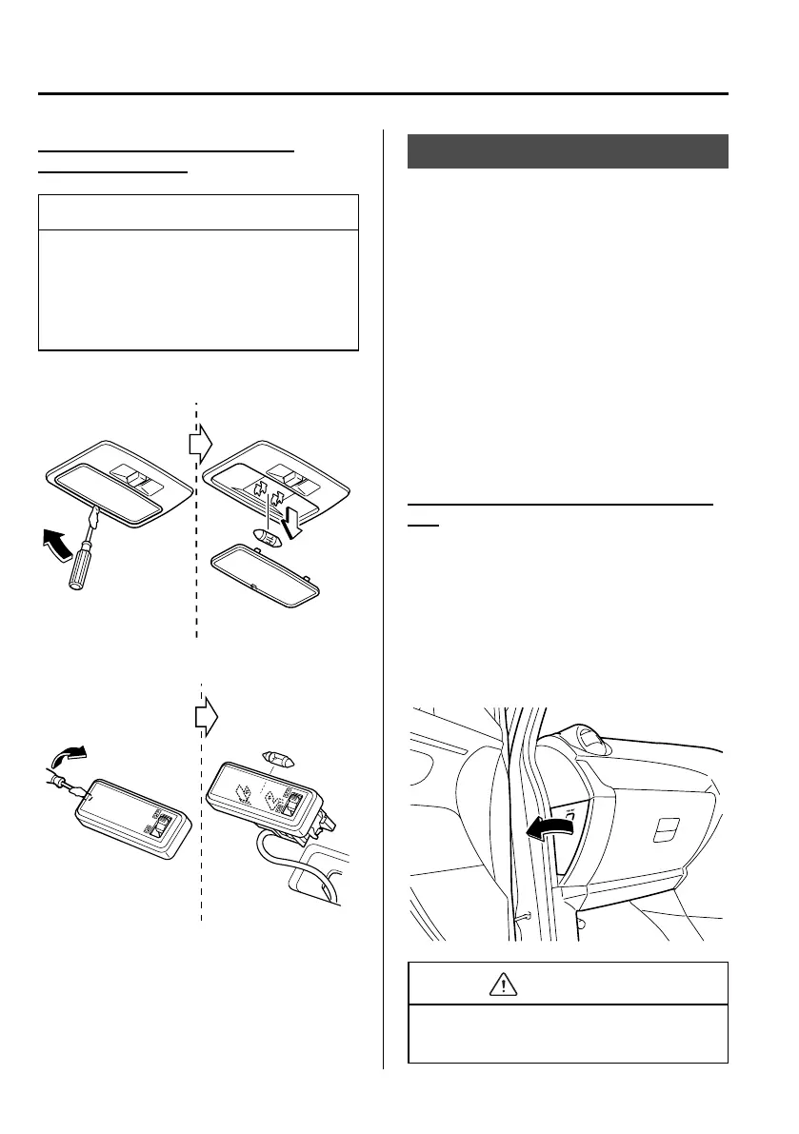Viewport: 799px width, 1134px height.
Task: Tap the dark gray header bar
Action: [568, 151]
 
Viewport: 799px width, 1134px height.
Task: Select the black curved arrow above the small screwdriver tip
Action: [66, 758]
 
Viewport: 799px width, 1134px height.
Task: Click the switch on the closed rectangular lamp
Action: [161, 825]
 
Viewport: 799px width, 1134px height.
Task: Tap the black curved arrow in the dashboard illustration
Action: [552, 825]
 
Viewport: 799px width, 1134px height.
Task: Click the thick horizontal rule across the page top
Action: [383, 94]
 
